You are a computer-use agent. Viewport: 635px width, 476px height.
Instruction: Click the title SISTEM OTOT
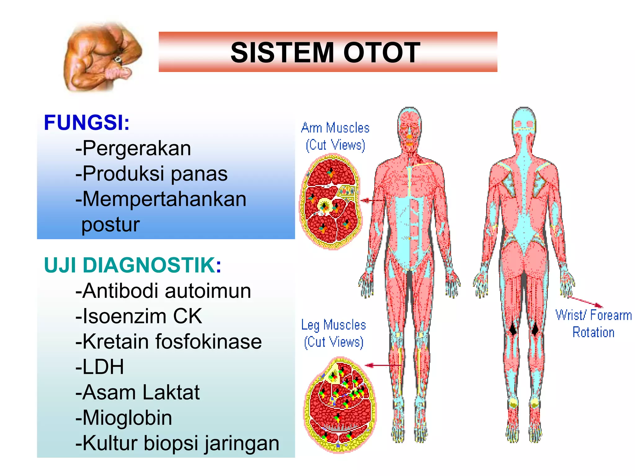pos(325,53)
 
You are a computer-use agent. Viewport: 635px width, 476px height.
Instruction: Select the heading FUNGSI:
pos(87,123)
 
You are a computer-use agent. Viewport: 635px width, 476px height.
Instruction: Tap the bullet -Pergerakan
pos(133,148)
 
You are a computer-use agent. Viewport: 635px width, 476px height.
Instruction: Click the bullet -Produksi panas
pos(151,174)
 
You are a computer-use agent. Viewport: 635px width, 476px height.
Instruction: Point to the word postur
pos(110,224)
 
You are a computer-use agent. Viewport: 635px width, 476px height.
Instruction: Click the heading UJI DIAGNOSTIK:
pos(133,266)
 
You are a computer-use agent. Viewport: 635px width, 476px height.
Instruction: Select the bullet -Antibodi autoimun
pos(163,291)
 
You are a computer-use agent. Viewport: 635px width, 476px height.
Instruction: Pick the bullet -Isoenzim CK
pos(139,316)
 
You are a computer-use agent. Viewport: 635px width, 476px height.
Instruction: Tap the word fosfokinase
pos(208,342)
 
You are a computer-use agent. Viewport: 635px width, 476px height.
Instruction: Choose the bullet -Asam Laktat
pos(138,393)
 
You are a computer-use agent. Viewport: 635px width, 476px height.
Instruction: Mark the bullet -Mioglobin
pos(123,418)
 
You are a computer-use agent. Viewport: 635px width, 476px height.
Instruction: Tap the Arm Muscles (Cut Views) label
pos(335,137)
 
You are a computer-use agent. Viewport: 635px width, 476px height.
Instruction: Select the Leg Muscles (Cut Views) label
pos(334,333)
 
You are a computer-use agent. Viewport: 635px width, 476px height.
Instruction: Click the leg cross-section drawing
pos(340,404)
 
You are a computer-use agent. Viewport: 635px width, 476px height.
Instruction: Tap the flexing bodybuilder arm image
pos(102,57)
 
